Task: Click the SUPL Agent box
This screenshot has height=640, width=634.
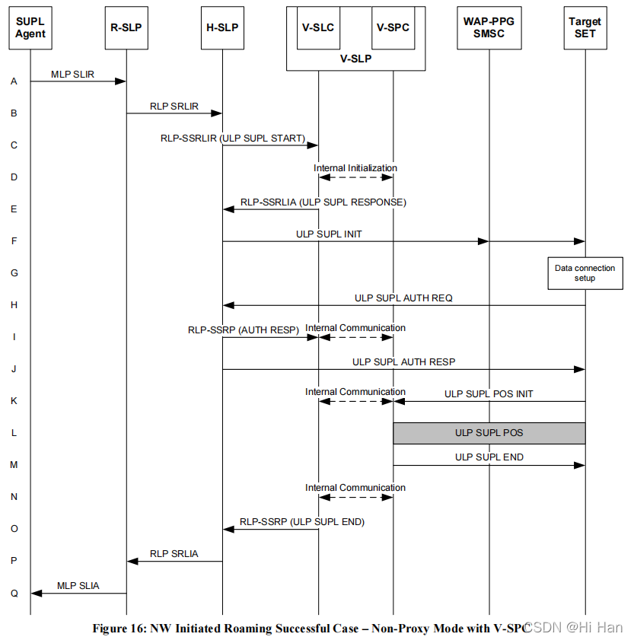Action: click(x=30, y=28)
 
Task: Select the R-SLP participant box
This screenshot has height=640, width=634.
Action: click(x=126, y=28)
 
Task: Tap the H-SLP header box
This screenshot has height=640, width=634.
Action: click(x=222, y=28)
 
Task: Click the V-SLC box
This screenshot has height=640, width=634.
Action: click(x=318, y=28)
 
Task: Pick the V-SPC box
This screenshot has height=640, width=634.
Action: click(x=393, y=28)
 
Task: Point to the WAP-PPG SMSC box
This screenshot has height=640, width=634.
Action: click(x=489, y=28)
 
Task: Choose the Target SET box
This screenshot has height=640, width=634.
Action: click(x=585, y=28)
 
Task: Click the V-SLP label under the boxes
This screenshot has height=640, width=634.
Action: click(x=355, y=59)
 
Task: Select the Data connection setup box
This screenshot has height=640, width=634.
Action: click(x=585, y=273)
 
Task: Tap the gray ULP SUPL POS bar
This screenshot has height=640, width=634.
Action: click(x=489, y=433)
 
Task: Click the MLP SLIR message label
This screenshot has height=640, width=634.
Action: click(x=73, y=75)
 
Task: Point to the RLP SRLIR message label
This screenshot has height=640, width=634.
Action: click(x=174, y=107)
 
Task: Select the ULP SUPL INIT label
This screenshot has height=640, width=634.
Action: click(x=329, y=234)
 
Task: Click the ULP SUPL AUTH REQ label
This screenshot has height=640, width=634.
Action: click(x=403, y=298)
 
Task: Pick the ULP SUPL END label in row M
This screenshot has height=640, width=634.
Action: click(x=489, y=457)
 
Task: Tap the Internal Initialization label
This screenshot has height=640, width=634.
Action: click(x=355, y=167)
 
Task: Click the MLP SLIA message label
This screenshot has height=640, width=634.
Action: click(x=78, y=586)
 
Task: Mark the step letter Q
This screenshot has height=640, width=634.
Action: click(x=14, y=593)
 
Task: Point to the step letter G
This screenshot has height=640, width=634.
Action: click(x=14, y=273)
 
